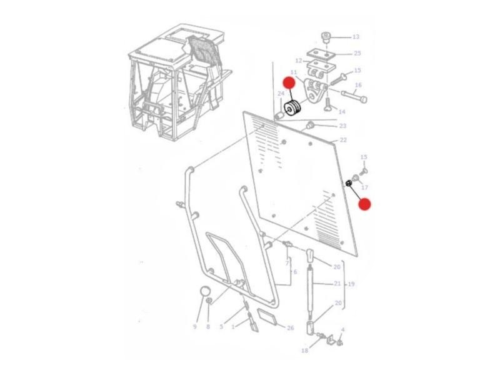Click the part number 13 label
(356, 37)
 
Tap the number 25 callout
(357, 53)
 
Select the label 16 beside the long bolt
(358, 85)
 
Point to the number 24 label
(281, 93)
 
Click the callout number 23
(342, 126)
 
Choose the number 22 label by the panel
(343, 140)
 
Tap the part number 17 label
(365, 187)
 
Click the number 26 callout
(290, 327)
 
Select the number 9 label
(194, 327)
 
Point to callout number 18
(304, 351)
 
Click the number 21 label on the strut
(337, 283)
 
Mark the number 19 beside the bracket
(351, 284)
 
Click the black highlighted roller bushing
(292, 109)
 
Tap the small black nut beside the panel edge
(349, 183)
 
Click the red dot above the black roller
(289, 83)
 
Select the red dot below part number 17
(364, 204)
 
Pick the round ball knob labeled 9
(206, 291)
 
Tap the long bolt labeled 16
(354, 96)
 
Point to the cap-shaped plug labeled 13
(326, 37)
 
